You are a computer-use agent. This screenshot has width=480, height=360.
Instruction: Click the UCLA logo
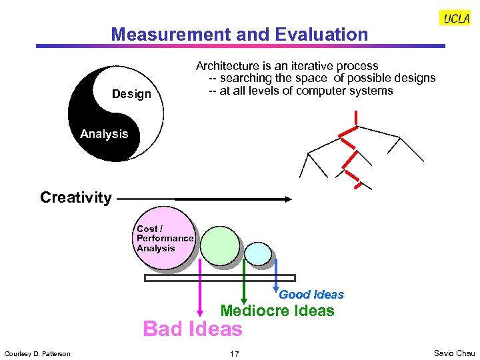click(x=456, y=19)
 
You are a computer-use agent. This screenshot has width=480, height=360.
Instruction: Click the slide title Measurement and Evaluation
click(x=239, y=35)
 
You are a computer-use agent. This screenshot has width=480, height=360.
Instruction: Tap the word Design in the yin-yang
click(x=131, y=94)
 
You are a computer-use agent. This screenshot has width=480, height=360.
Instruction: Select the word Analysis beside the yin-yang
click(x=104, y=134)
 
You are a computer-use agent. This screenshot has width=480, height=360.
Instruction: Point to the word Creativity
click(x=76, y=197)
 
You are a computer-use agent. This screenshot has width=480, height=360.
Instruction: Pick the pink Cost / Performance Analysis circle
click(x=165, y=238)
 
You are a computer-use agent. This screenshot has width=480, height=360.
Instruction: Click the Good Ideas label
click(x=311, y=294)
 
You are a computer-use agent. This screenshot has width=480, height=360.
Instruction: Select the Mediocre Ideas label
click(x=277, y=311)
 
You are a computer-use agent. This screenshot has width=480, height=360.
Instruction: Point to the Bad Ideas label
click(x=193, y=329)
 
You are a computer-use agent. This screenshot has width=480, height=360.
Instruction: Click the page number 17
click(x=234, y=353)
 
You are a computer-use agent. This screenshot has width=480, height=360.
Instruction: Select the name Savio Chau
click(x=454, y=353)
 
